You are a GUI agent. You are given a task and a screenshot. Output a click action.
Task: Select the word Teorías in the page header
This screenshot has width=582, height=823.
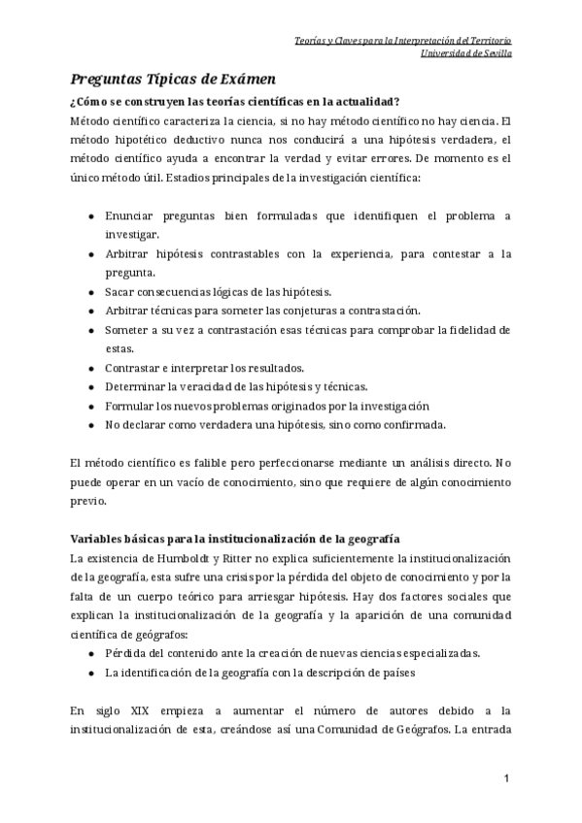(310, 40)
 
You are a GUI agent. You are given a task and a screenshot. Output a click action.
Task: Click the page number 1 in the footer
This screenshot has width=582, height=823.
(506, 779)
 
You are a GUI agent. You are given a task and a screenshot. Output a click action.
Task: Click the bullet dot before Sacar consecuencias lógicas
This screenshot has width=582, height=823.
(91, 291)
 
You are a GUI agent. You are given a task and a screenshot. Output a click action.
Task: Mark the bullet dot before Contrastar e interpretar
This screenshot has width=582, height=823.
(91, 367)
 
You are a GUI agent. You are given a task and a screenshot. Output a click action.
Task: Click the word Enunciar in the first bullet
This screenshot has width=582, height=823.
(130, 215)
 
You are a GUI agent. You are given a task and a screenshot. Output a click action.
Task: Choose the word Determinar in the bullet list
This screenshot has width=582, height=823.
(136, 386)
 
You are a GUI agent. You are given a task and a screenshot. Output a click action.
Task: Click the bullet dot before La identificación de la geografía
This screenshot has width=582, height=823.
(91, 672)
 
